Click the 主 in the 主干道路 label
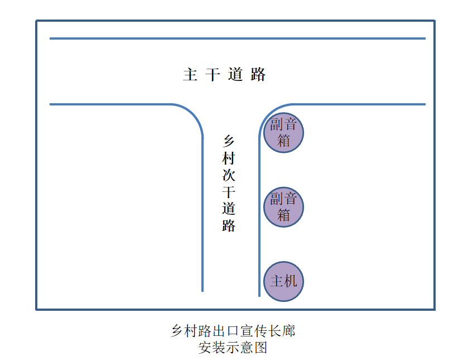pyautogui.click(x=190, y=74)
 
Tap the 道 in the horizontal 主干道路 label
pyautogui.click(x=235, y=74)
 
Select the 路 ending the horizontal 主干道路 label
pyautogui.click(x=258, y=74)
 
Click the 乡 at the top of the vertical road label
pyautogui.click(x=229, y=141)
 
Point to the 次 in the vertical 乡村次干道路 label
pyautogui.click(x=229, y=175)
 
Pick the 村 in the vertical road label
pyautogui.click(x=229, y=158)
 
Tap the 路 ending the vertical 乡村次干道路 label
pyautogui.click(x=229, y=226)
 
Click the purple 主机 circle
pyautogui.click(x=283, y=281)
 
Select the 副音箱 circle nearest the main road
pyautogui.click(x=283, y=133)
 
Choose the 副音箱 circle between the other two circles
pyautogui.click(x=283, y=207)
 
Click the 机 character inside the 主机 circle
pyautogui.click(x=291, y=281)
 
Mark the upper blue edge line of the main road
pyautogui.click(x=238, y=38)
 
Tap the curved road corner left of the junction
pyautogui.click(x=194, y=114)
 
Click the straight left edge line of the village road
pyautogui.click(x=202, y=214)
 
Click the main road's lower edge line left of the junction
pyautogui.click(x=110, y=104)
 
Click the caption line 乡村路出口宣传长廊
pyautogui.click(x=233, y=331)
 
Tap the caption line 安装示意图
pyautogui.click(x=233, y=348)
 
